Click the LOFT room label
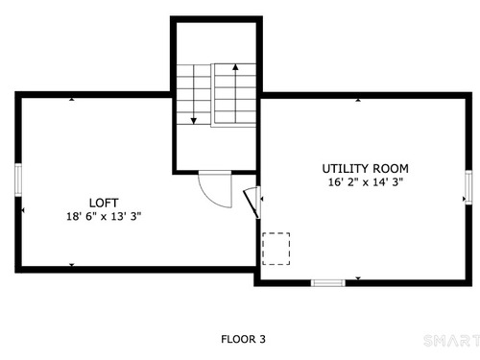coord(104,203)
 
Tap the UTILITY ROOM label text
coord(365,168)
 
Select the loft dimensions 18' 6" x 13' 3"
coord(104,216)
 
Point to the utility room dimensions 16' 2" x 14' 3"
coord(366,182)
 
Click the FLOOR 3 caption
coord(243,339)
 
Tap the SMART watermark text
coord(452,341)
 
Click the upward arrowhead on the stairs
coord(235,67)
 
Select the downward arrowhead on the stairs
coord(194,121)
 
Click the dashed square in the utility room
coord(276,249)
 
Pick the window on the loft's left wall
coord(18,180)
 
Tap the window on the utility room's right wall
coord(468,187)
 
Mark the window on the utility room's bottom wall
coord(328,283)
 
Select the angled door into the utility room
coord(252,204)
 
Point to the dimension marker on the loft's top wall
coord(72,99)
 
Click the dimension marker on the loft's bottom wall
coord(72,265)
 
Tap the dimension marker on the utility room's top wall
coord(358,100)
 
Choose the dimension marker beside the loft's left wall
coord(23,210)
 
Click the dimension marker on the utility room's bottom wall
coord(358,278)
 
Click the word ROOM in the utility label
coord(391,168)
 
